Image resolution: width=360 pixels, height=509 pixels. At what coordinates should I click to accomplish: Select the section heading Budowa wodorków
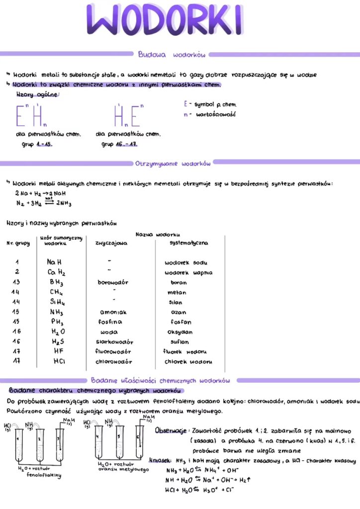click(x=172, y=54)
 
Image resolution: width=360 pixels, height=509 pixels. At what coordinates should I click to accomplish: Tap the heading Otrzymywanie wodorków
click(x=173, y=163)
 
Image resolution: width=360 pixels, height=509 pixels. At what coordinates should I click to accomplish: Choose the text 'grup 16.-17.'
click(x=119, y=144)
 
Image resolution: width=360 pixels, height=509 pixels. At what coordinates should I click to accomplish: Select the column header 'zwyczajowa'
click(x=111, y=243)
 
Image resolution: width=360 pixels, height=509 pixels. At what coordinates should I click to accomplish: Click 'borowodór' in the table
click(x=113, y=282)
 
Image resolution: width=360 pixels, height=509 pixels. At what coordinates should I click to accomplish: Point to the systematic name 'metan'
click(x=177, y=292)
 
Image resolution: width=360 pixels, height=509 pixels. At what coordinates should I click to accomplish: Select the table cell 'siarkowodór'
click(x=114, y=342)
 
